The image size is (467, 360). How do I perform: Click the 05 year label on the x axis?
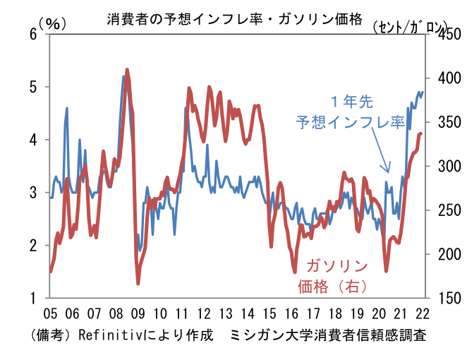(51, 314)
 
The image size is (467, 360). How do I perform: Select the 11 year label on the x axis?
(182, 314)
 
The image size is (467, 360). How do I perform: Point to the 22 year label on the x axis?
(423, 314)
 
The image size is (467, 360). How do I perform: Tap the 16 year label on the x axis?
(291, 314)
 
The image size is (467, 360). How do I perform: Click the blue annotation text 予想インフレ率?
(349, 122)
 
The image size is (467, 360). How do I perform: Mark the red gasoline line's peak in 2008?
(127, 70)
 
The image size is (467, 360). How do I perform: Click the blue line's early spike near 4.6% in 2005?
(67, 109)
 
